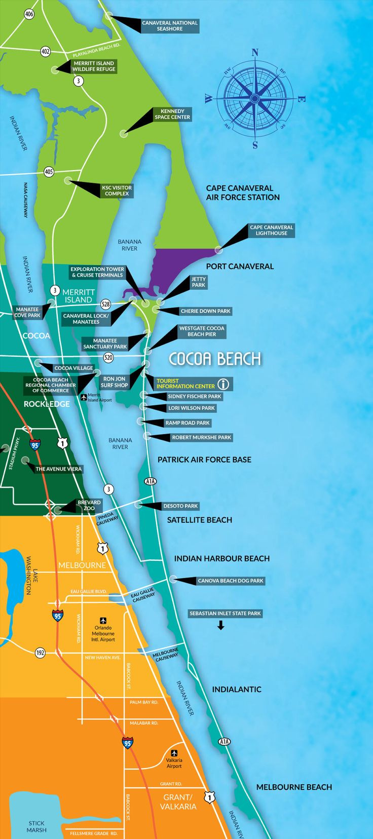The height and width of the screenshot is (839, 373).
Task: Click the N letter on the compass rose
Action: click(255, 53)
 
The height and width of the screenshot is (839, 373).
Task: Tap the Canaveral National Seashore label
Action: click(169, 26)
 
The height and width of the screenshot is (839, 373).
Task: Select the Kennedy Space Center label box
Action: click(172, 114)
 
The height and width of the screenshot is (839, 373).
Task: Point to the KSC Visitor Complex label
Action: click(117, 190)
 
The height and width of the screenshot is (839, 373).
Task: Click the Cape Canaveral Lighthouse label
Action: click(271, 230)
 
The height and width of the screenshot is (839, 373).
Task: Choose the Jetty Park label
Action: click(198, 282)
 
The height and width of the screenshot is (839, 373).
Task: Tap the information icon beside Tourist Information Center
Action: click(223, 384)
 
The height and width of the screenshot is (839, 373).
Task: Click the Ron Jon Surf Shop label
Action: click(114, 382)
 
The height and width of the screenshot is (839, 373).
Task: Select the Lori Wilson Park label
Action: click(191, 408)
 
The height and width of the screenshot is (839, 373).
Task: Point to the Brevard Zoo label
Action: click(89, 505)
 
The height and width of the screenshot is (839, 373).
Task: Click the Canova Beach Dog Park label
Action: click(231, 581)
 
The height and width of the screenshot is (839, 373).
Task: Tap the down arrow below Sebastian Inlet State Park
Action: click(220, 626)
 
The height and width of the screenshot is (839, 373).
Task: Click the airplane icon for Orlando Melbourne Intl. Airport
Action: click(103, 620)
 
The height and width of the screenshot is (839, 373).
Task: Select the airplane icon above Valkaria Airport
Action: click(174, 752)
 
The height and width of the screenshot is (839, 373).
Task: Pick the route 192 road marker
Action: click(40, 653)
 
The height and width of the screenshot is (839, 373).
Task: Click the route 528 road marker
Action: click(105, 304)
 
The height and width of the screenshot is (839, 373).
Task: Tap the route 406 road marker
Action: click(29, 14)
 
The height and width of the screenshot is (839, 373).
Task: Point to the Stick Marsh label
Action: click(36, 826)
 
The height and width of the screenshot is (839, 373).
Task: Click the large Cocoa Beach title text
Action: click(214, 359)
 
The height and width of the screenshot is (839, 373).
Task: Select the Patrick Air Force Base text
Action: click(204, 460)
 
